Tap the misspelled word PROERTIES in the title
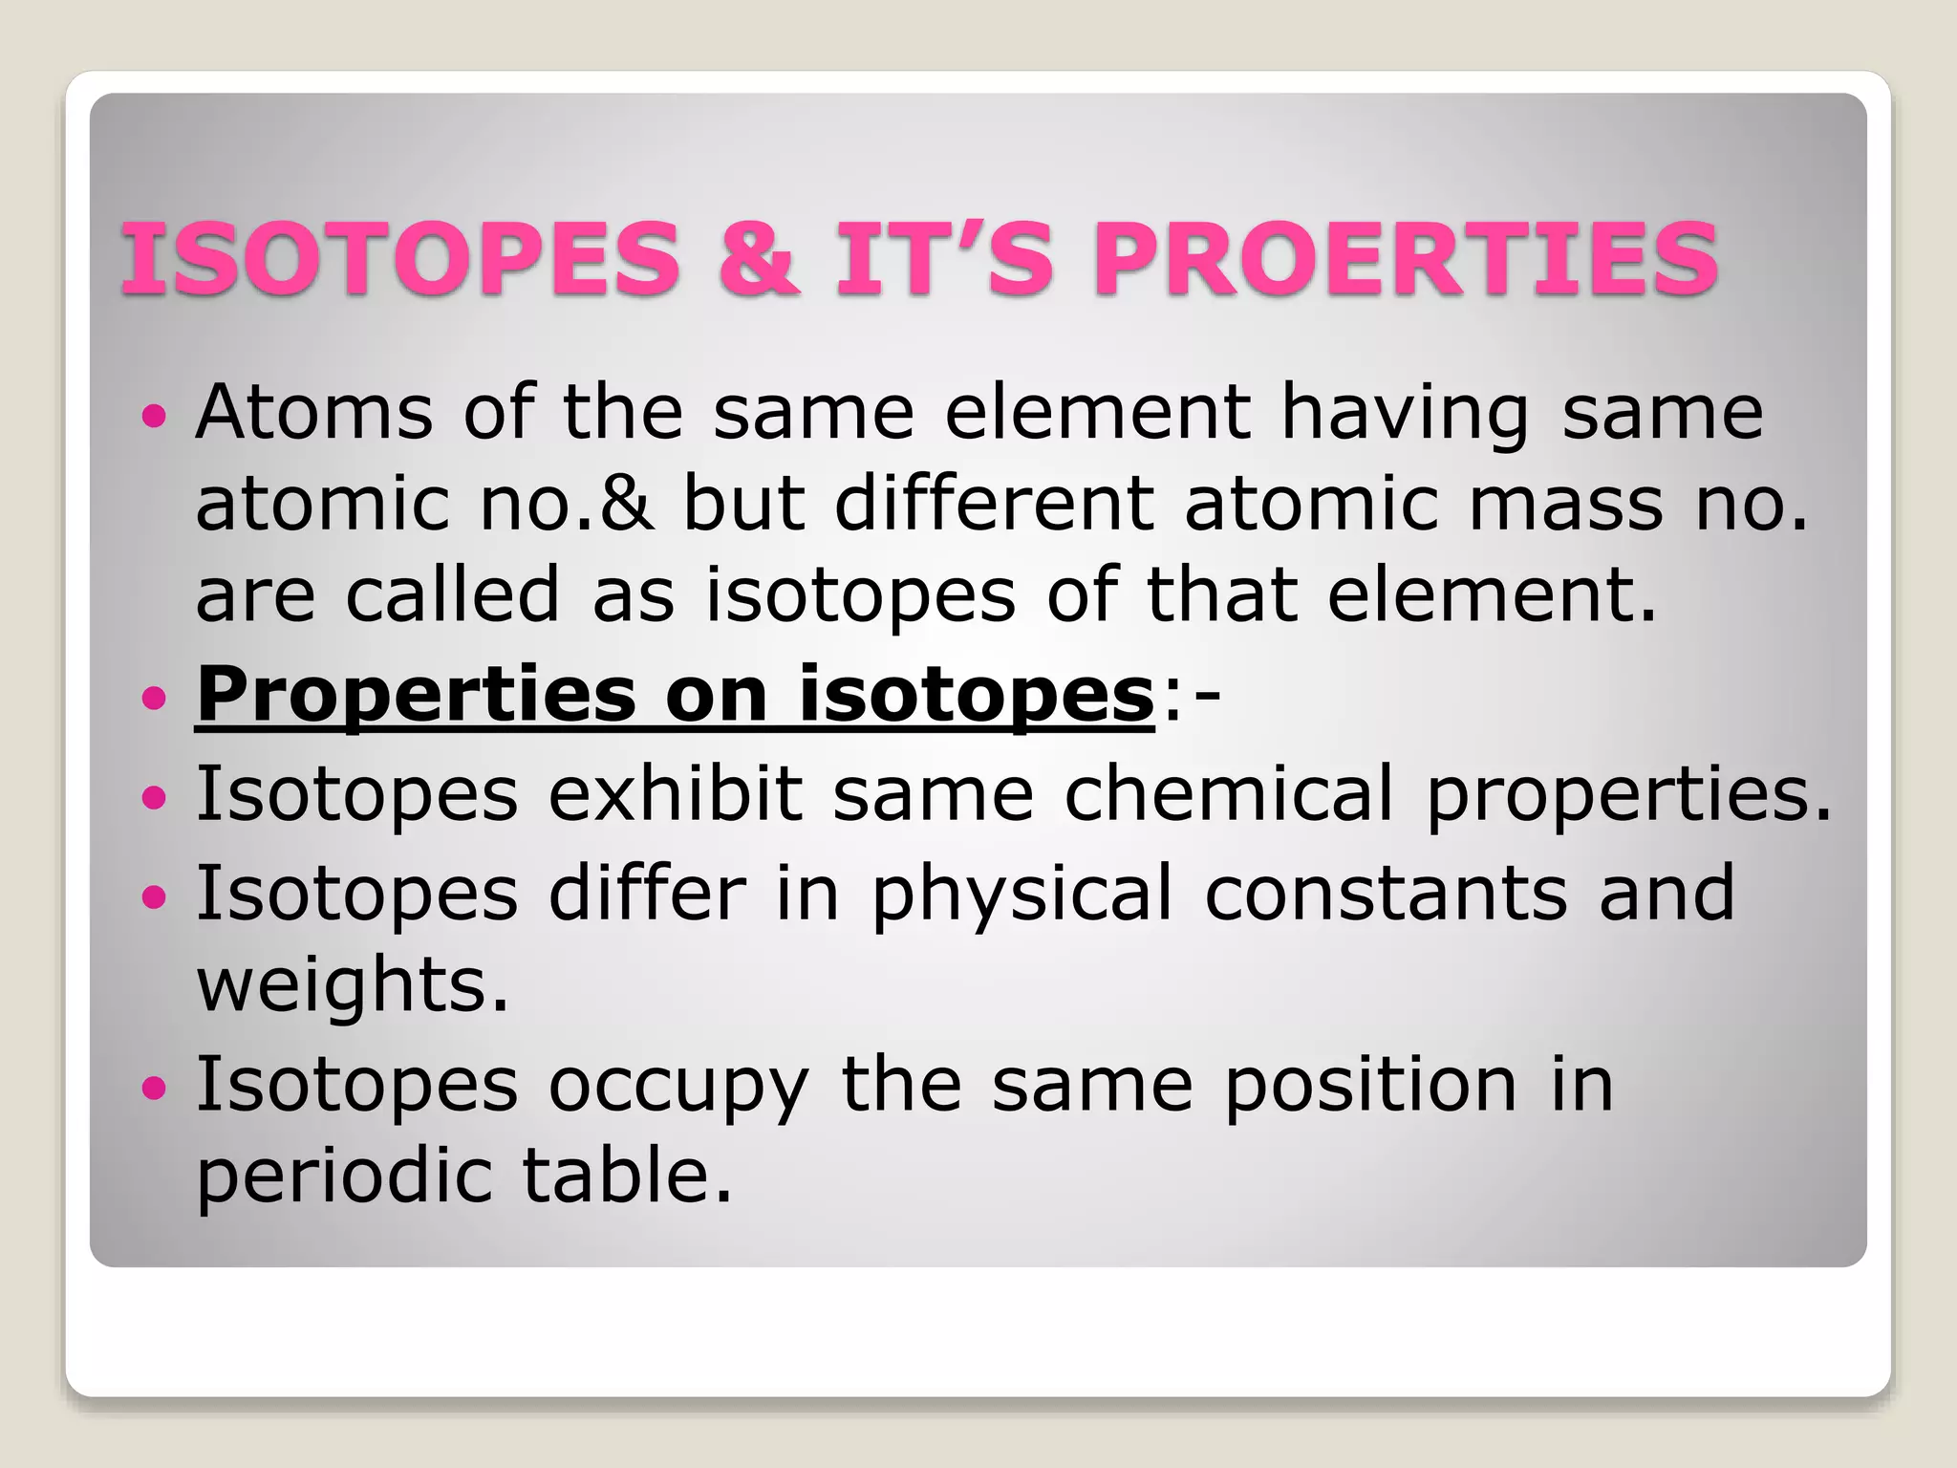point(1406,258)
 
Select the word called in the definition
point(452,594)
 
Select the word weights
point(353,987)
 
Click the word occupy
point(678,1088)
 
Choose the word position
point(1370,1086)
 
